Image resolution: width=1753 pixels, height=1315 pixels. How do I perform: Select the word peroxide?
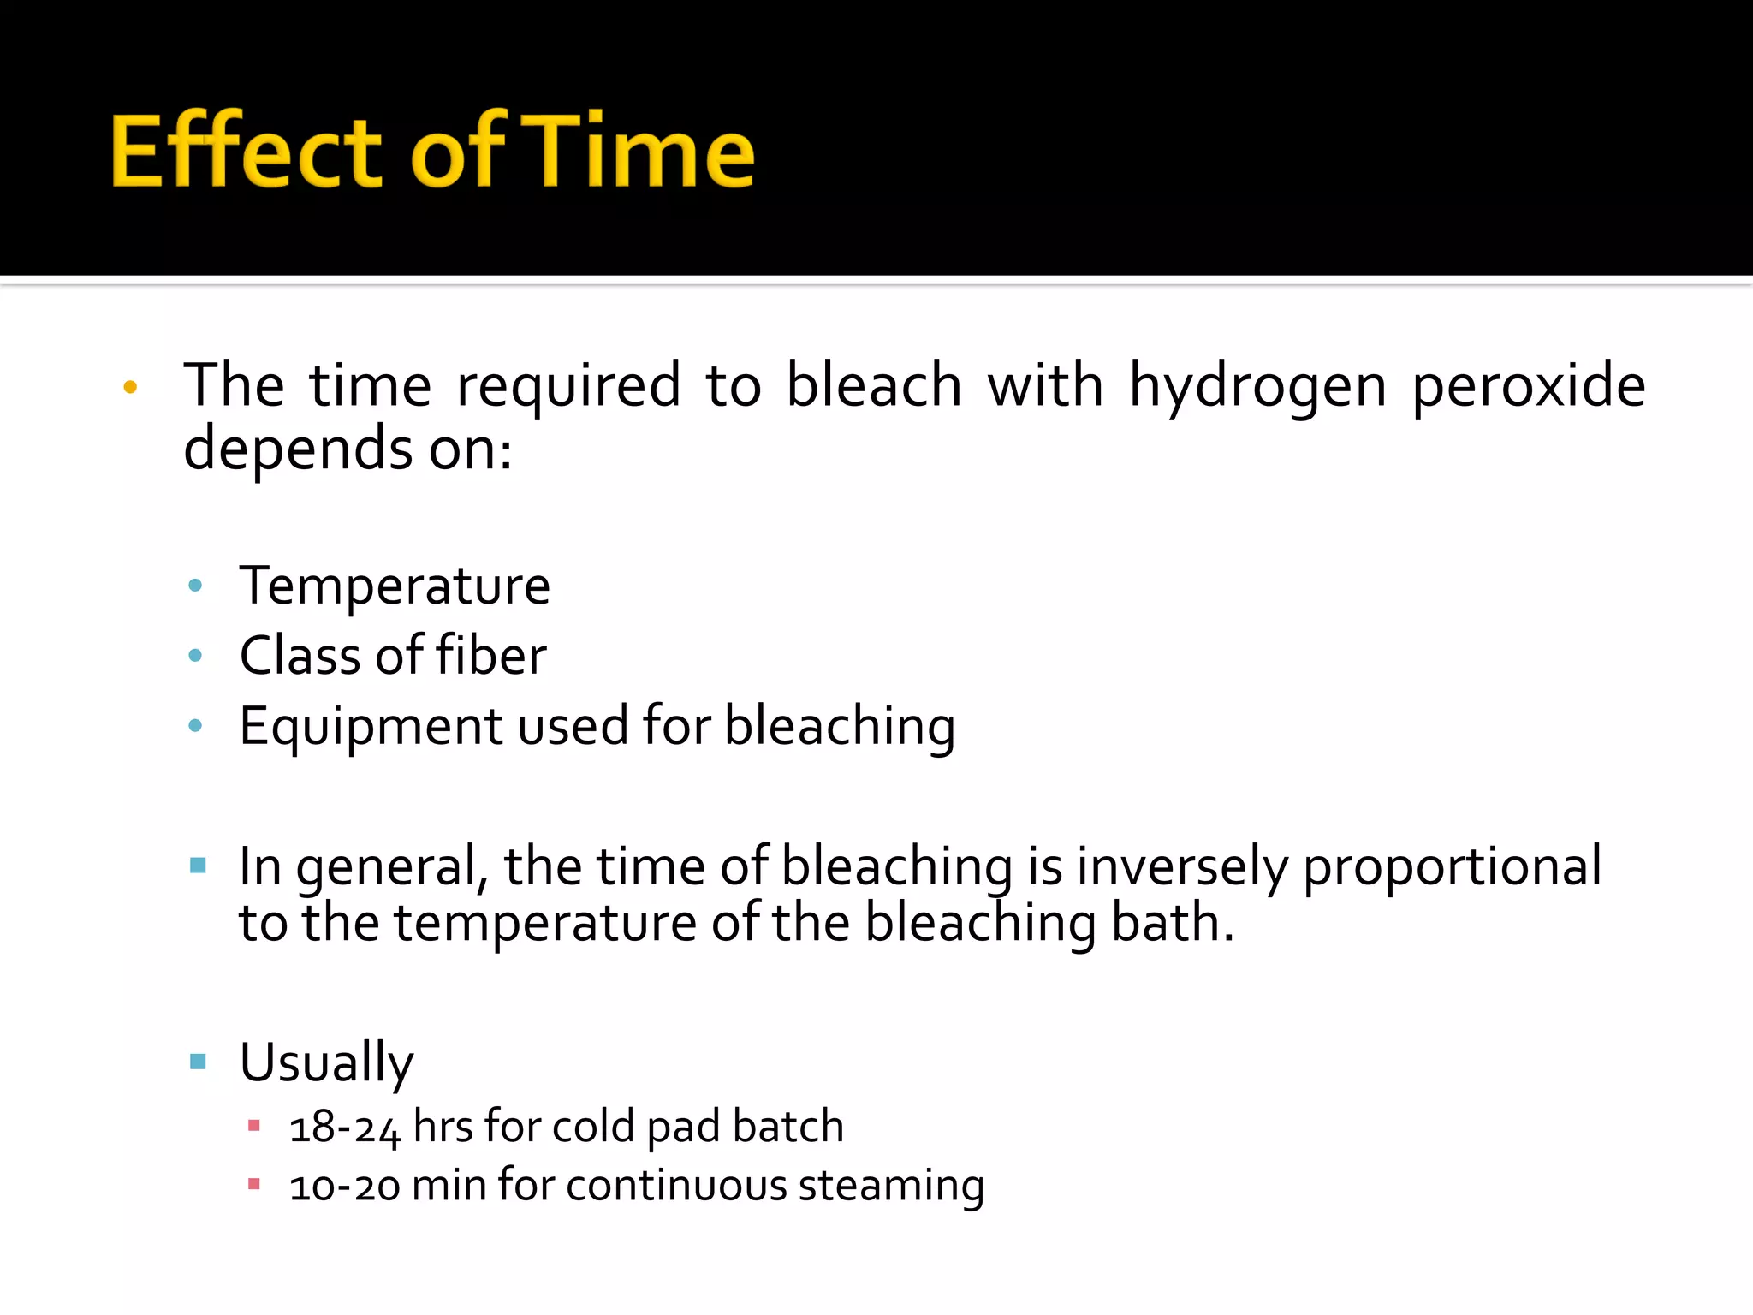1528,386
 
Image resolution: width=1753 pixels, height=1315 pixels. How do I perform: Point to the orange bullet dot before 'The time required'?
130,387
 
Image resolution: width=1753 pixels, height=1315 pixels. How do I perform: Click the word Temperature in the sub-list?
395,586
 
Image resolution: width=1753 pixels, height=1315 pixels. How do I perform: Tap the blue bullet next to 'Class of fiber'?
195,657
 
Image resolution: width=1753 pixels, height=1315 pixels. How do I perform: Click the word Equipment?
371,727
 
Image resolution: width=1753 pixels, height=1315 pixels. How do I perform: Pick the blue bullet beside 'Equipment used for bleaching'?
195,726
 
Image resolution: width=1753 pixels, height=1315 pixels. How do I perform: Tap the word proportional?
1452,866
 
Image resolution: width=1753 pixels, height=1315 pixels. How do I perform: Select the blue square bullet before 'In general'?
198,865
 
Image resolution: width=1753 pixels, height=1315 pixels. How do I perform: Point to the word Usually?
326,1063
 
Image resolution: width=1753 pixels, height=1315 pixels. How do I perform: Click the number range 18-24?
344,1128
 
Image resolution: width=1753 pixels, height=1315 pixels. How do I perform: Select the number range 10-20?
344,1187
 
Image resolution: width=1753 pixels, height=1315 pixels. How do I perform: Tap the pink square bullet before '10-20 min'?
253,1185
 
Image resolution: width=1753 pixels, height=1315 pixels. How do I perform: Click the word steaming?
890,1187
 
